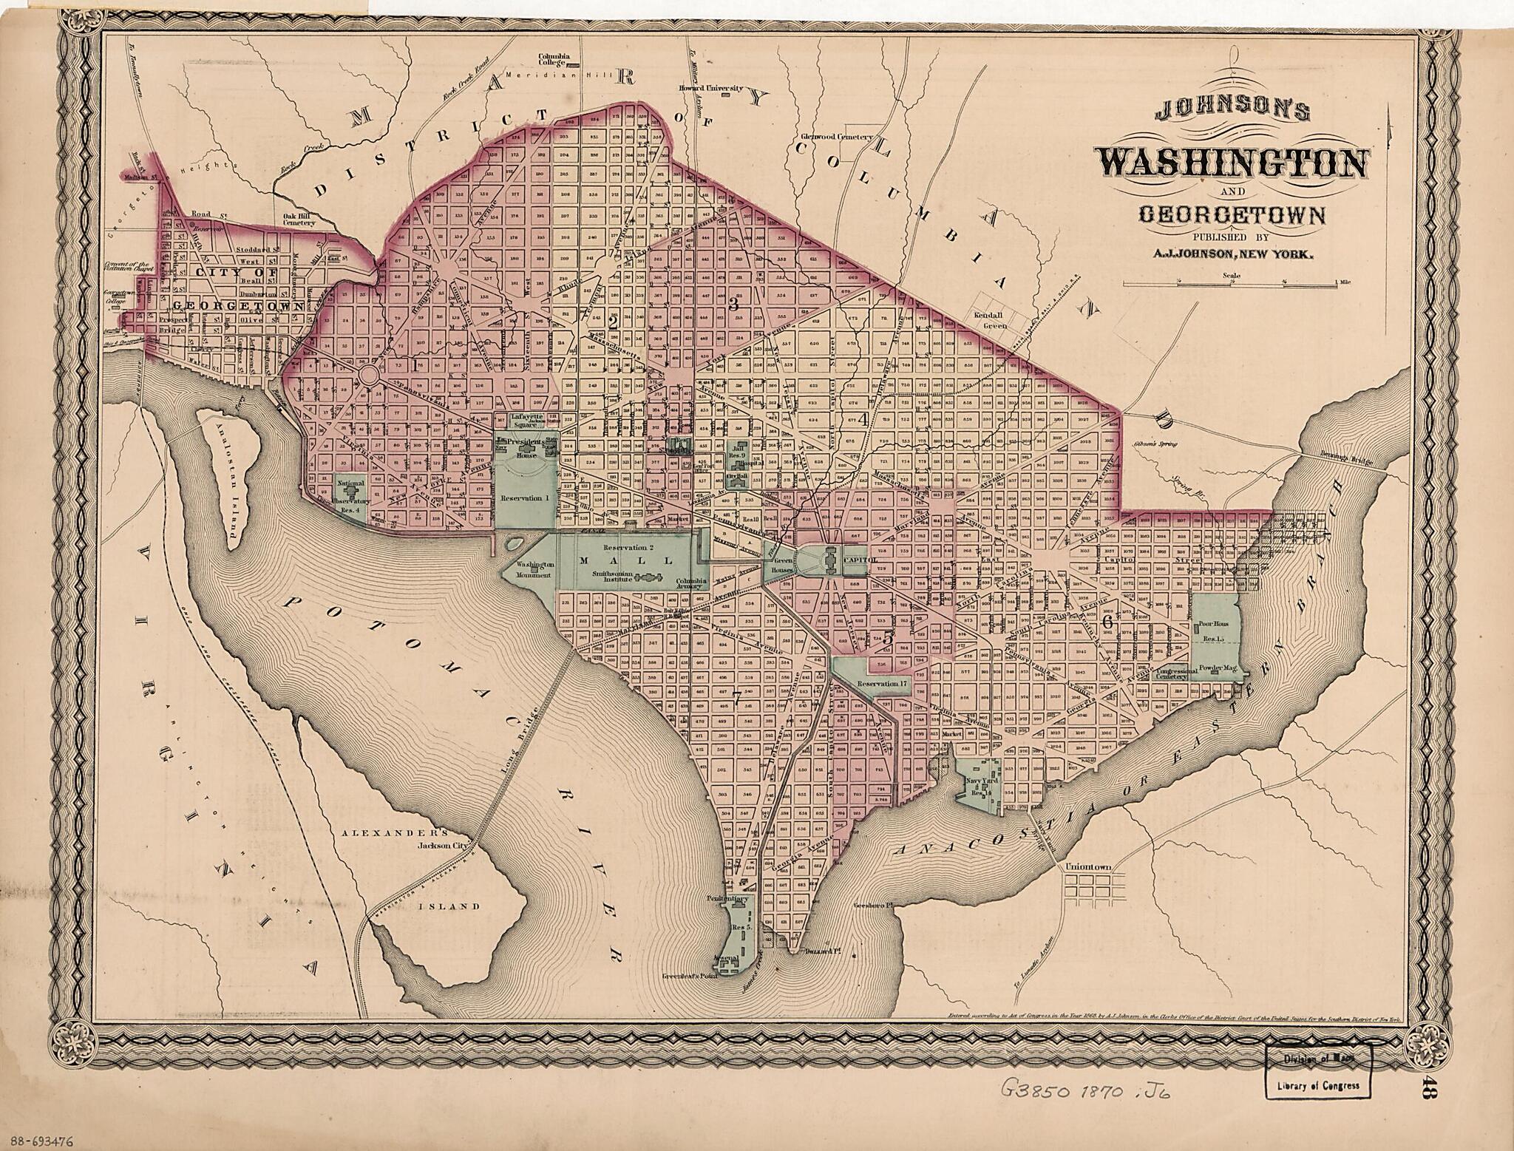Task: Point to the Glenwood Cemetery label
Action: click(x=838, y=137)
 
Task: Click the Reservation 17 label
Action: click(x=880, y=683)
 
